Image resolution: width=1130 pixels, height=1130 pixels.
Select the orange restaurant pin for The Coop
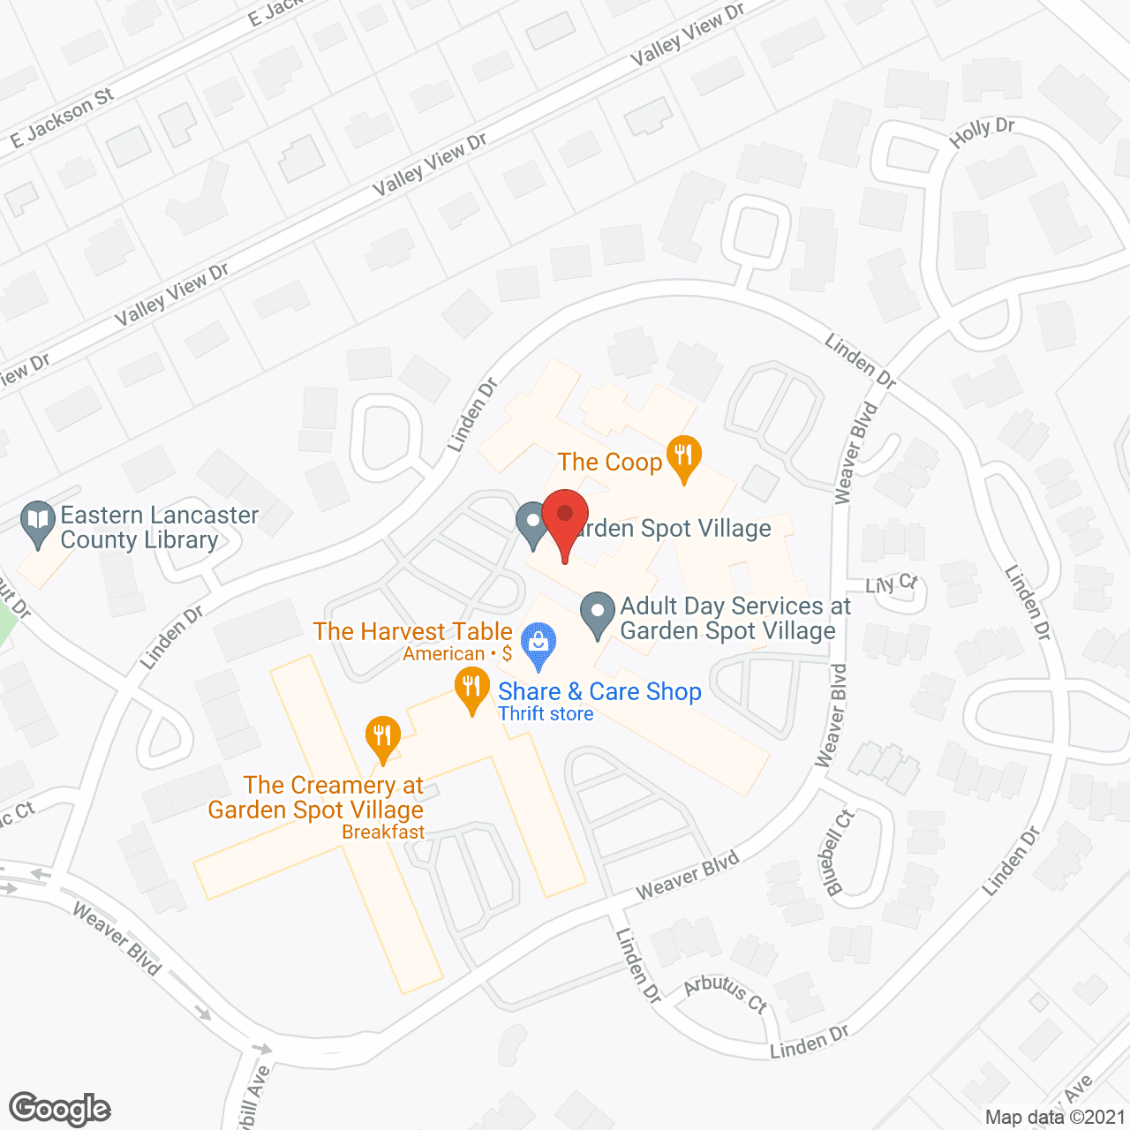(683, 457)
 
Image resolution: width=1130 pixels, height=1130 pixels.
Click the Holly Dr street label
(982, 133)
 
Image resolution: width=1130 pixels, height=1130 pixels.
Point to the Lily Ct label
(892, 584)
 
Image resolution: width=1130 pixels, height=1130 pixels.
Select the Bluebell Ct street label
(840, 852)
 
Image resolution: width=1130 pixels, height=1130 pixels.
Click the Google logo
(60, 1109)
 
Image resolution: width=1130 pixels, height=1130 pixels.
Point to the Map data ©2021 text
(1055, 1117)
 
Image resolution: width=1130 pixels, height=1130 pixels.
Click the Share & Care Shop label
(599, 691)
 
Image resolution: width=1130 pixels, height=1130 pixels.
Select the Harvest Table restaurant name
(412, 631)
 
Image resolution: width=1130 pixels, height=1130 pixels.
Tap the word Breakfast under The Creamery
(383, 832)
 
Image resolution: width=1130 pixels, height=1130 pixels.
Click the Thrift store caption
(546, 714)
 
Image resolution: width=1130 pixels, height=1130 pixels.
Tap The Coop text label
(609, 462)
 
